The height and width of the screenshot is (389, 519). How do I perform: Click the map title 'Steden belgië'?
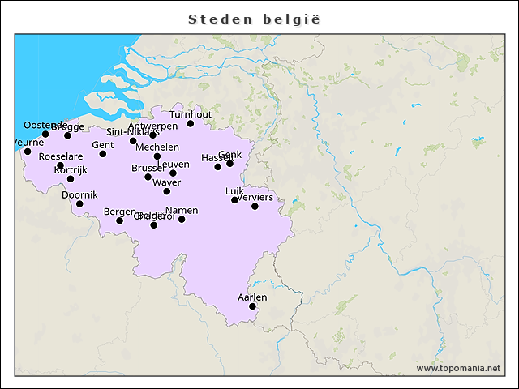point(259,19)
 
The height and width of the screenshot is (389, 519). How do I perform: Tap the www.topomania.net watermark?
point(458,368)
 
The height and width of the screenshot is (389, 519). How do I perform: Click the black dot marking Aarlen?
point(252,306)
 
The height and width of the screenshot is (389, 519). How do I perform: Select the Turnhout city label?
point(191,114)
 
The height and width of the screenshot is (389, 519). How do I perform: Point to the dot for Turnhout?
point(191,123)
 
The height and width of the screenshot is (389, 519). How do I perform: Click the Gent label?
point(103,145)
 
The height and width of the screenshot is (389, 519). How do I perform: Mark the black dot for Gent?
point(103,153)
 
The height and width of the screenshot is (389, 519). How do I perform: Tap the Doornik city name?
point(79,194)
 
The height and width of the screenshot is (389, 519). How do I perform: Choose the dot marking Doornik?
point(79,203)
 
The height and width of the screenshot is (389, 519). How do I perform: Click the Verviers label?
point(255,197)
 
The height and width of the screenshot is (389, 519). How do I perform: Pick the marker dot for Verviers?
point(255,206)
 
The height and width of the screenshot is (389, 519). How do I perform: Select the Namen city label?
point(182,211)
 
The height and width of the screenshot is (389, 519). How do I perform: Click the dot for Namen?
point(182,219)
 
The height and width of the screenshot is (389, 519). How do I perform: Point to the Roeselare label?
point(61,156)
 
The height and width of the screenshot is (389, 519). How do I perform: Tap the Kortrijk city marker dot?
point(71,178)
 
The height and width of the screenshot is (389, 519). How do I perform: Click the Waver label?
point(167,182)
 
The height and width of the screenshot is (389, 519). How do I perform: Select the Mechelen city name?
point(157,147)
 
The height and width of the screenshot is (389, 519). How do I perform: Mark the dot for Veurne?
point(28,152)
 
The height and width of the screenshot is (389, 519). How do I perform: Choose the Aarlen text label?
point(252,297)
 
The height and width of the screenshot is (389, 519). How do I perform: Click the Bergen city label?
point(120,212)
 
